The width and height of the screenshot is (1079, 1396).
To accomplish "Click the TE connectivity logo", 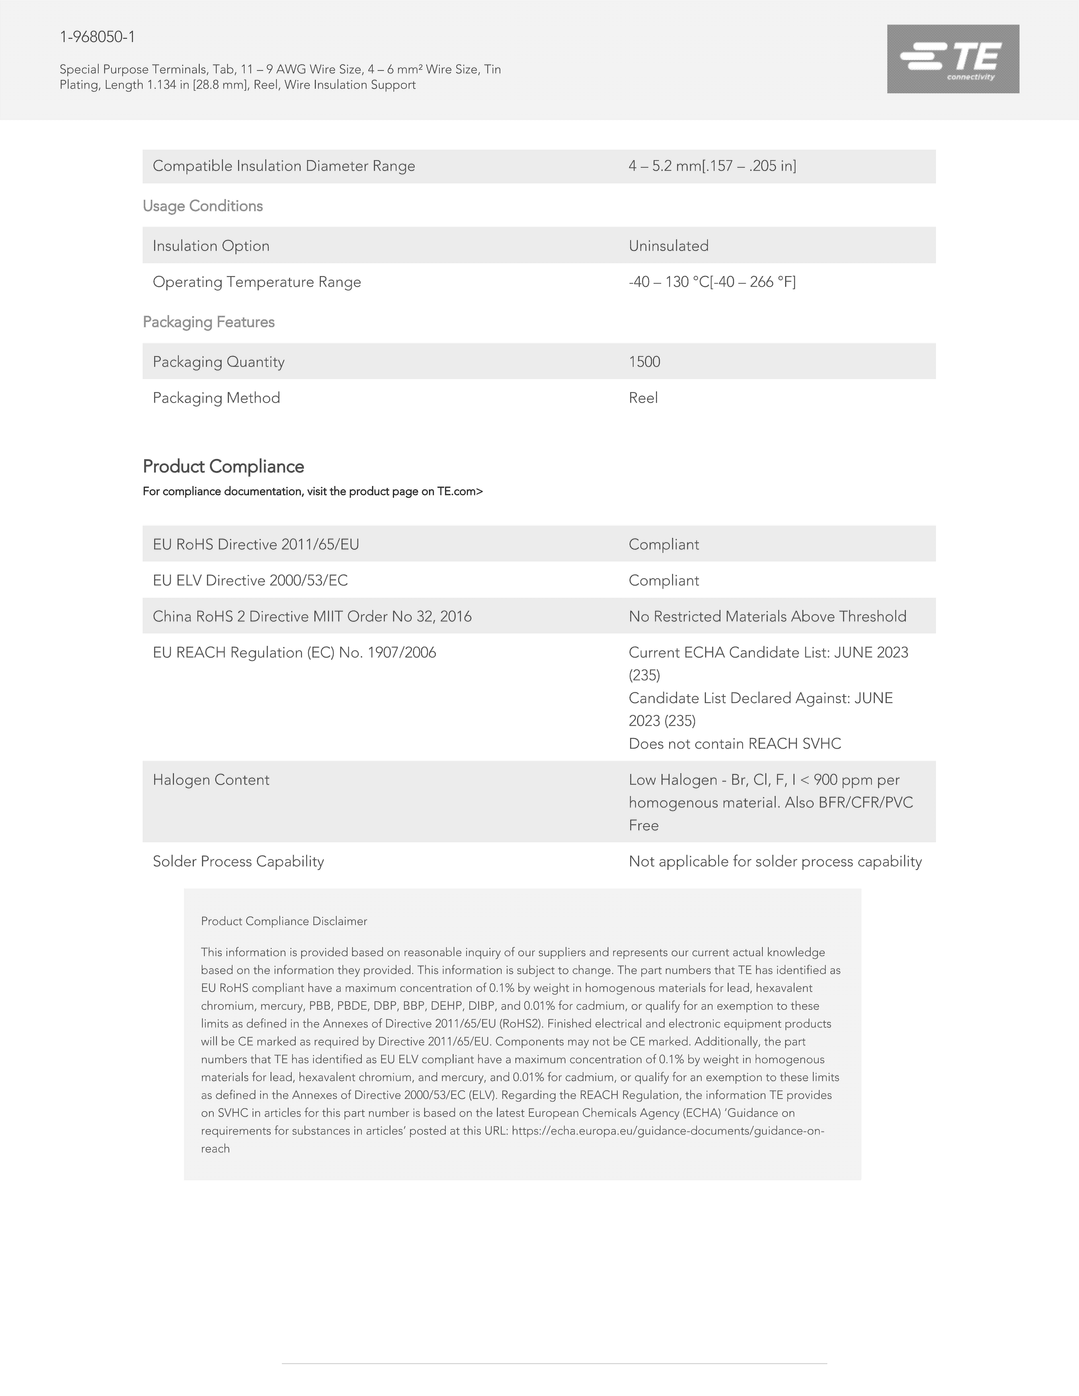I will pos(952,59).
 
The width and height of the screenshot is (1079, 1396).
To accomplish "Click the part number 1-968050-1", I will pos(97,37).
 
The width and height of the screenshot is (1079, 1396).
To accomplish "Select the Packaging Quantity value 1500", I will pos(644,362).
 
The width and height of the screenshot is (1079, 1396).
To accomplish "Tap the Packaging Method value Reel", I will pos(643,398).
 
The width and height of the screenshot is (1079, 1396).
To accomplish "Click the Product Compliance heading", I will pos(223,467).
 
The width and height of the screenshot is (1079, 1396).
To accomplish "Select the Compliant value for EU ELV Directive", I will pos(663,580).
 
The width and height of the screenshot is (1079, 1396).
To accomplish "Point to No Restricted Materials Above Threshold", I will pos(767,616).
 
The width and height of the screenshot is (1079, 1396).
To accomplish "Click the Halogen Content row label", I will pos(211,780).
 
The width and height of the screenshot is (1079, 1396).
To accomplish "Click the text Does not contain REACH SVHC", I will pos(735,743).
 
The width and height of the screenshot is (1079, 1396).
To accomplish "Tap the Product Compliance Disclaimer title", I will pos(284,921).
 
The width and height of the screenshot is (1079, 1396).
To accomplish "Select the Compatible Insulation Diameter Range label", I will pos(284,166).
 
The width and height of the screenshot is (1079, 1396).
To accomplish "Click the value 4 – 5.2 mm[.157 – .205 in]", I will pos(712,166).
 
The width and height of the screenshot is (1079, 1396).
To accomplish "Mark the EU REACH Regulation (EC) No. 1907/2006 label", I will pos(294,653).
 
